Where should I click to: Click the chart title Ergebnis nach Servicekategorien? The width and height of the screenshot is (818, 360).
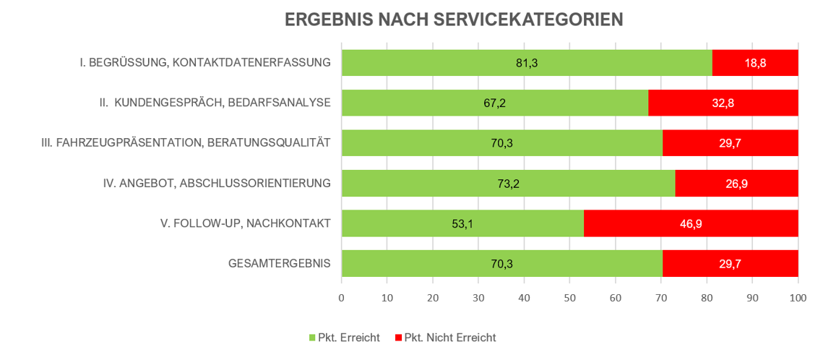(x=454, y=20)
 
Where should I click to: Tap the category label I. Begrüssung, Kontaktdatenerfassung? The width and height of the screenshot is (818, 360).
(x=205, y=63)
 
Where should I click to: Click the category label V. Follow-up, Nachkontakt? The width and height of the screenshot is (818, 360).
(x=246, y=223)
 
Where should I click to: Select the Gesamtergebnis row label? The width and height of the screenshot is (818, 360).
(x=279, y=264)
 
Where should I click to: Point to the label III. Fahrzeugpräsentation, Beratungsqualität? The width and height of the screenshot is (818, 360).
(x=186, y=143)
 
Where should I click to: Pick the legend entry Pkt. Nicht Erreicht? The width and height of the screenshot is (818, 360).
(x=449, y=338)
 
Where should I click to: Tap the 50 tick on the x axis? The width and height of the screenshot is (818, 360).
(x=569, y=297)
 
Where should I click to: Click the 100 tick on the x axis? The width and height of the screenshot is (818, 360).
(x=798, y=297)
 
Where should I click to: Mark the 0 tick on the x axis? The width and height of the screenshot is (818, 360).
(x=342, y=297)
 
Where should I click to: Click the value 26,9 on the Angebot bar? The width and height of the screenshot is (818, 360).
(x=736, y=184)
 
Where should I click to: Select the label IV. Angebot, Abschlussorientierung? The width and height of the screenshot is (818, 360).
(x=217, y=184)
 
